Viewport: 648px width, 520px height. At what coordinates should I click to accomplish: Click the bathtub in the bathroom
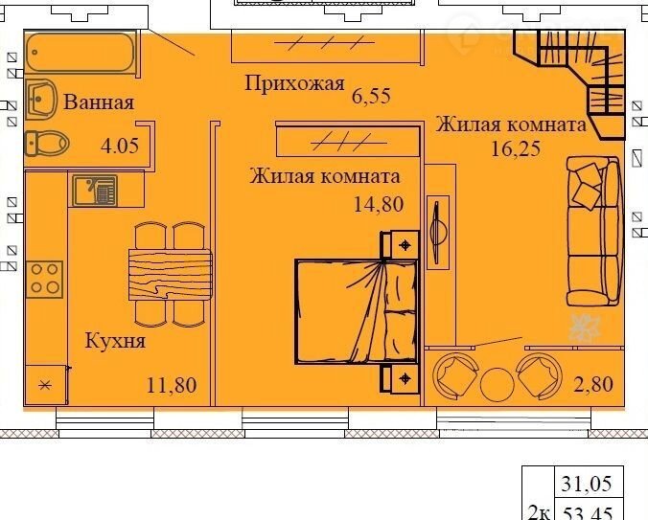[x=81, y=53]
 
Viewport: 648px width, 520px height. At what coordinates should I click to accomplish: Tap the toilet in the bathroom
[x=47, y=144]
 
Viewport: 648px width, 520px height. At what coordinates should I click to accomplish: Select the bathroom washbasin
[x=41, y=100]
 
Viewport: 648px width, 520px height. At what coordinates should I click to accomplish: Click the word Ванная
[x=99, y=102]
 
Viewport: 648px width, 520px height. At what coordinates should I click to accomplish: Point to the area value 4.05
[x=120, y=146]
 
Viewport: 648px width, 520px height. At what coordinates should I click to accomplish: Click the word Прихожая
[x=294, y=83]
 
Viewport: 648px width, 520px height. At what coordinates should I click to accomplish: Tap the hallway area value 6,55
[x=371, y=96]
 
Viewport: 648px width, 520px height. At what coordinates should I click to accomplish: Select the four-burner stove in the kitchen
[x=44, y=279]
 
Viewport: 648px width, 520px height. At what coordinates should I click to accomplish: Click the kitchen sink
[x=95, y=191]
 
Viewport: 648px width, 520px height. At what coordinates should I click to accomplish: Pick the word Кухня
[x=115, y=341]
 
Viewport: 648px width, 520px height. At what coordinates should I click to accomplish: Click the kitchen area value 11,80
[x=172, y=385]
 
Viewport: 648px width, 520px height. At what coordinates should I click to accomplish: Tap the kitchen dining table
[x=170, y=274]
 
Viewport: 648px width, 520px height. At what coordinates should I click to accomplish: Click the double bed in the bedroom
[x=357, y=311]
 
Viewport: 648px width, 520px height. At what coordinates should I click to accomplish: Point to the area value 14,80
[x=378, y=204]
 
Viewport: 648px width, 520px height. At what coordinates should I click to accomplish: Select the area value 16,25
[x=516, y=148]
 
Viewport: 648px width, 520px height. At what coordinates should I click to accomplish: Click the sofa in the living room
[x=593, y=231]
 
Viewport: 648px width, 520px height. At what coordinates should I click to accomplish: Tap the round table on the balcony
[x=498, y=385]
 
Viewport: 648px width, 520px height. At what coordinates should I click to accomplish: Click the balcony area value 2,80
[x=593, y=384]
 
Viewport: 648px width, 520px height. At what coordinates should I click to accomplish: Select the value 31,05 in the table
[x=586, y=484]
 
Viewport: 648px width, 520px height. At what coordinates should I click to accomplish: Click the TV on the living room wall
[x=437, y=232]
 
